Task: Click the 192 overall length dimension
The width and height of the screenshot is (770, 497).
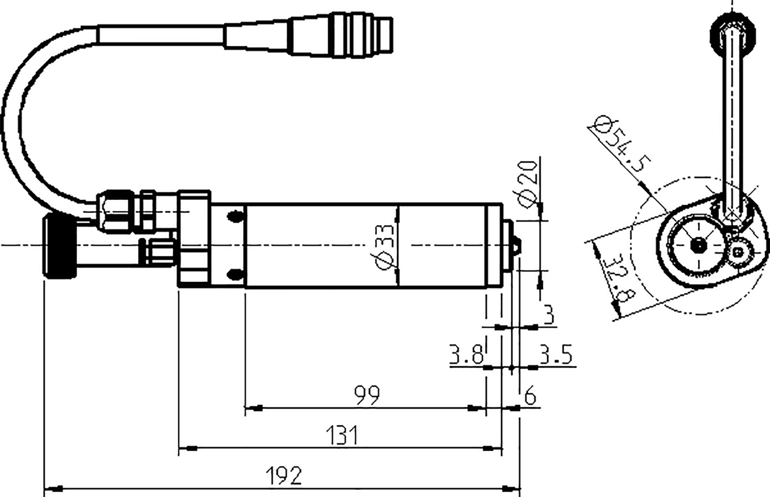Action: (x=284, y=476)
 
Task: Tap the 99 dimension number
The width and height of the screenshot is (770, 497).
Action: (x=367, y=395)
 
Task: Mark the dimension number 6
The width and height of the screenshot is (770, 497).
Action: (x=530, y=397)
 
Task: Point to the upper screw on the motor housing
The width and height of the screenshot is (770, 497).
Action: (x=235, y=216)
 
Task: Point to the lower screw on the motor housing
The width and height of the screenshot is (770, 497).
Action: (x=235, y=275)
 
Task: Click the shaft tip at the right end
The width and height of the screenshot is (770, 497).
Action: (x=517, y=246)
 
